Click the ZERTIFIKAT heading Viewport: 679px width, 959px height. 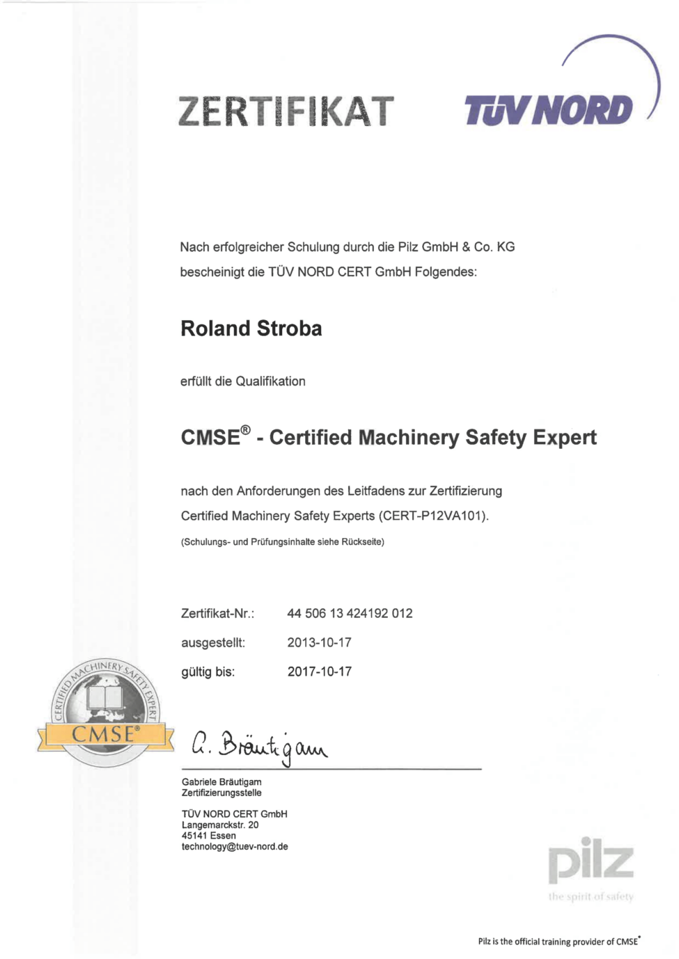coord(286,111)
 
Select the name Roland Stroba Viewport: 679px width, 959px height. coord(251,328)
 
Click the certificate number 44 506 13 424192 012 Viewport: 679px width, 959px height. coord(350,613)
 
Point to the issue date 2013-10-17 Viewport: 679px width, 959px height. coord(319,642)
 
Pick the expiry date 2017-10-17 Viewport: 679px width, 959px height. coord(319,672)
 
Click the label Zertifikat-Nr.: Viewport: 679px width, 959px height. coord(217,613)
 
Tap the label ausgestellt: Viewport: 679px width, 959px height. coord(212,642)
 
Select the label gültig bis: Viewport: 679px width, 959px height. coord(208,672)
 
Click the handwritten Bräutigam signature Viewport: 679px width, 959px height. coord(259,746)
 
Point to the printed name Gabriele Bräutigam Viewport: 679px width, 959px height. coord(221,782)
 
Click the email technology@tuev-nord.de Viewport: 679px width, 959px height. coord(235,846)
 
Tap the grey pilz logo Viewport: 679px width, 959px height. coord(591,860)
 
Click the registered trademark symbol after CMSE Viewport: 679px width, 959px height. coord(245,430)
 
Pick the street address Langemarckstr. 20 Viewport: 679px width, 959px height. coord(220,825)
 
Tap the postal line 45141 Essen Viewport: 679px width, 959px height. coord(209,835)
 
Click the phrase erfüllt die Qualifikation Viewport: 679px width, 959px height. coord(242,381)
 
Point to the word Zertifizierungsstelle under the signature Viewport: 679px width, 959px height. coord(221,793)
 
